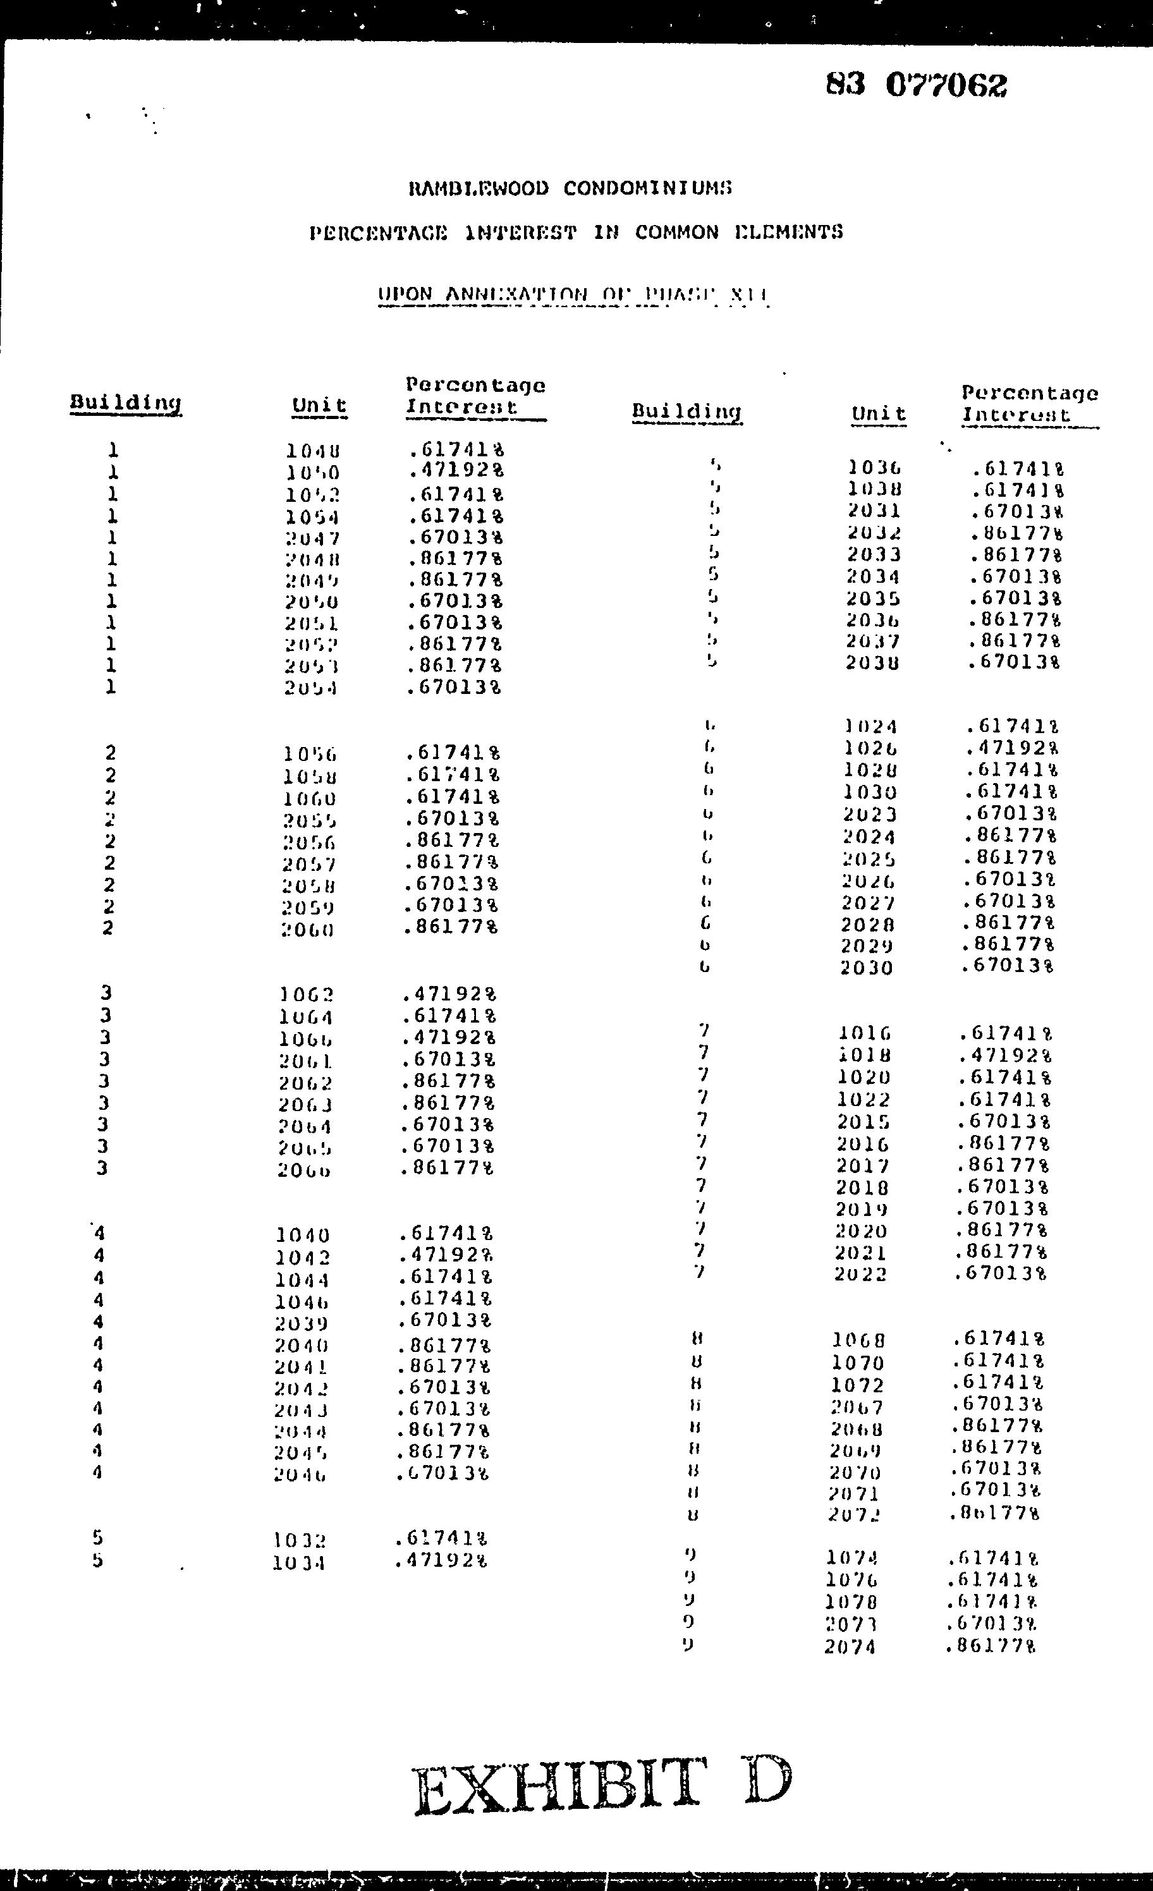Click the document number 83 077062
tap(916, 85)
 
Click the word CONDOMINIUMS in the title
tap(647, 189)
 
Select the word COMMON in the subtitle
tap(676, 233)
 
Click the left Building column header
tap(126, 403)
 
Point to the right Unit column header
tap(879, 415)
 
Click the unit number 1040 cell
tap(302, 1236)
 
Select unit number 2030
tap(867, 968)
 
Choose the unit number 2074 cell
tap(850, 1647)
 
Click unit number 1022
tap(863, 1100)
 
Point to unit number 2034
tap(874, 576)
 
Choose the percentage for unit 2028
tap(1007, 923)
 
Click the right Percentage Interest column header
tap(1029, 404)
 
